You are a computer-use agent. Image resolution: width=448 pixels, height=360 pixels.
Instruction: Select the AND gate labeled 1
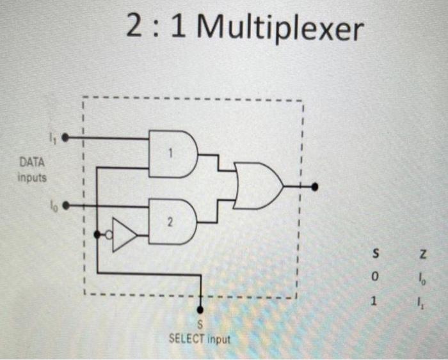pyautogui.click(x=169, y=153)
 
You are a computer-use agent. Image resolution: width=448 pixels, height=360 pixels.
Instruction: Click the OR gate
pyautogui.click(x=257, y=185)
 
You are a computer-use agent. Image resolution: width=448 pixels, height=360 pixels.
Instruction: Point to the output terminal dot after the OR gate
pyautogui.click(x=314, y=187)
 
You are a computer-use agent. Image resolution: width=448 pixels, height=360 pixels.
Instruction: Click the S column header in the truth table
pyautogui.click(x=377, y=254)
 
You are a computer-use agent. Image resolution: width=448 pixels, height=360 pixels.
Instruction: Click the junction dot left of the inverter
pyautogui.click(x=97, y=234)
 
